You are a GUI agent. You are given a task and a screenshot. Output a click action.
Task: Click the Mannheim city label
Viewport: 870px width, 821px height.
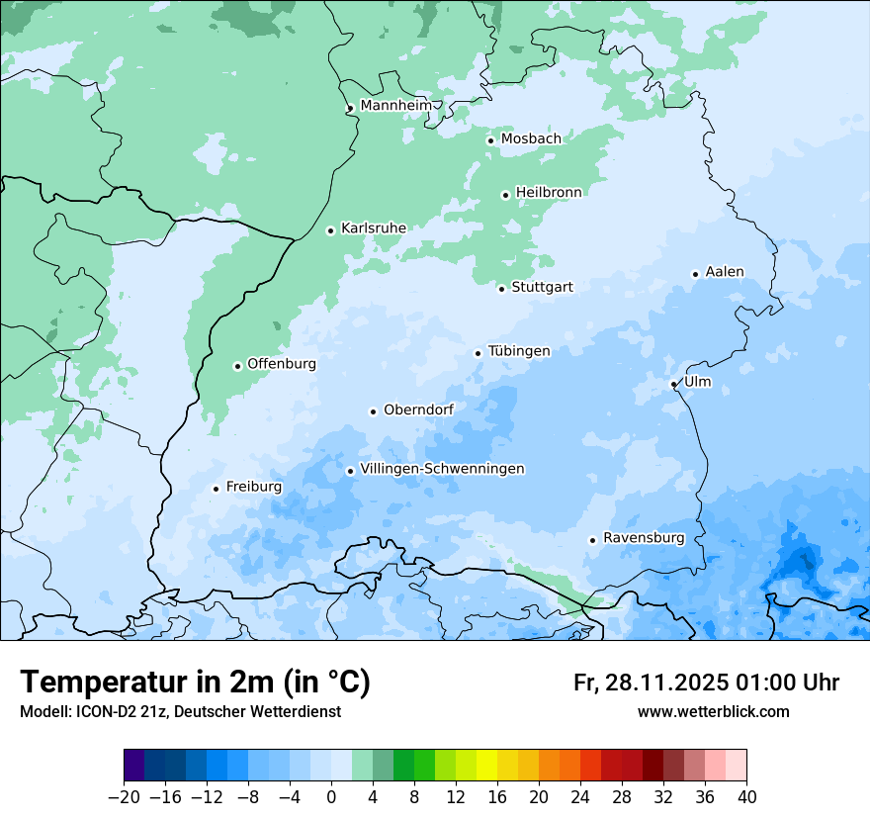coord(395,105)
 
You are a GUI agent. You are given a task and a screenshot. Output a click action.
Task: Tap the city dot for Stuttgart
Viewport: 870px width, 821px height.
coord(501,289)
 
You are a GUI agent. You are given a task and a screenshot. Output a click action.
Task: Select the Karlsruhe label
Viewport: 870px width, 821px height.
coord(374,228)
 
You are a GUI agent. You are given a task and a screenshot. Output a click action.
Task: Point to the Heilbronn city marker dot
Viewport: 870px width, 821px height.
coord(505,195)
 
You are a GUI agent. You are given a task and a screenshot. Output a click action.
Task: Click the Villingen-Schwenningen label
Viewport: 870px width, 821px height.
coord(442,469)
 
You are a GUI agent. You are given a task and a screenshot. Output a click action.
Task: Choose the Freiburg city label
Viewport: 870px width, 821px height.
coord(253,487)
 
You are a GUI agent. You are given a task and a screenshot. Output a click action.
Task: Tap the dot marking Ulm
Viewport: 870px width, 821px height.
coord(673,384)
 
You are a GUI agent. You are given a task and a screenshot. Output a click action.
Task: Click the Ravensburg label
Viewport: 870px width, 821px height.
coord(644,538)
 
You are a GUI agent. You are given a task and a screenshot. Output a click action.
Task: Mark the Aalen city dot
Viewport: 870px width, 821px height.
coord(695,274)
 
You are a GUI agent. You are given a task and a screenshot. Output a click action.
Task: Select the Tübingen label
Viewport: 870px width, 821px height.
coord(519,351)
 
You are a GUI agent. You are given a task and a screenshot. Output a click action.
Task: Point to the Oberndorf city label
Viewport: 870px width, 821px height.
coord(418,410)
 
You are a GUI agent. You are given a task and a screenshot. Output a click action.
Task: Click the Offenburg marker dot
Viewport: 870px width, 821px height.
coord(237,366)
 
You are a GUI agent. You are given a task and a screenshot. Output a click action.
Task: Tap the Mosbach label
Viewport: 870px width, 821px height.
coord(531,139)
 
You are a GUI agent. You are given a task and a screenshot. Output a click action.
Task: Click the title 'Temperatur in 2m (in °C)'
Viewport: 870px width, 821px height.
coord(196,683)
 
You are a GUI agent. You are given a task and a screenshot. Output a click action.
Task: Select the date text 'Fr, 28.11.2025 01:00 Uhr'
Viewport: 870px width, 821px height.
coord(706,684)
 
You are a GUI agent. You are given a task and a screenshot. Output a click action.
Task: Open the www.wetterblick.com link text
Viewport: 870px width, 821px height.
coord(713,712)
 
